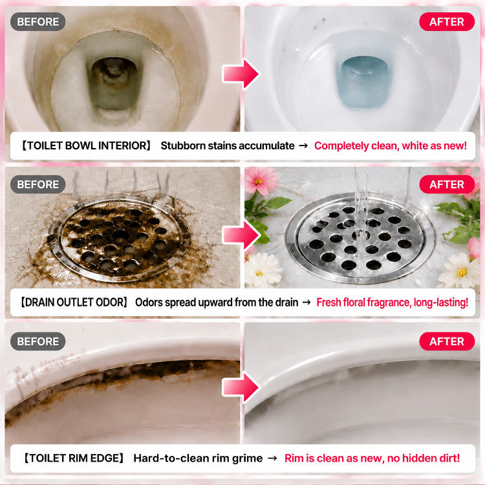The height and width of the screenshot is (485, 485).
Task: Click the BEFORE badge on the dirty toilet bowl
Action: point(38,21)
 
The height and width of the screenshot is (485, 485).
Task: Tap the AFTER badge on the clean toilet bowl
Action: point(447,21)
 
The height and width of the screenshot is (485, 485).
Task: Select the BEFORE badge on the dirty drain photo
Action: point(38,184)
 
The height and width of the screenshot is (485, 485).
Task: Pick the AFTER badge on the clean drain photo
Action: point(447,184)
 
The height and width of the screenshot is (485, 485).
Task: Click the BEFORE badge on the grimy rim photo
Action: point(38,341)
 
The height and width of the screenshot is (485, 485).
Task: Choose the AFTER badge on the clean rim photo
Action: point(447,341)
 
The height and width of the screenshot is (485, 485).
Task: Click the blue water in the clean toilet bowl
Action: point(363,82)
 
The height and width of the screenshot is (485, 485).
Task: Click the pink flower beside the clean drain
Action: point(261,180)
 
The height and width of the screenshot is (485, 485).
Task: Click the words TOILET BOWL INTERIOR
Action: point(86,145)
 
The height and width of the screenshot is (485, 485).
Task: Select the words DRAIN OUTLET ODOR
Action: point(74,302)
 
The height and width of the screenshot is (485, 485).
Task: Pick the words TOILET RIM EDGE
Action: point(74,458)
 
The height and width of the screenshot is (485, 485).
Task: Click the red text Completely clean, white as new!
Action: point(391,145)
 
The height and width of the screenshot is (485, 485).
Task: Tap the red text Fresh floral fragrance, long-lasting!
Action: point(393,302)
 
